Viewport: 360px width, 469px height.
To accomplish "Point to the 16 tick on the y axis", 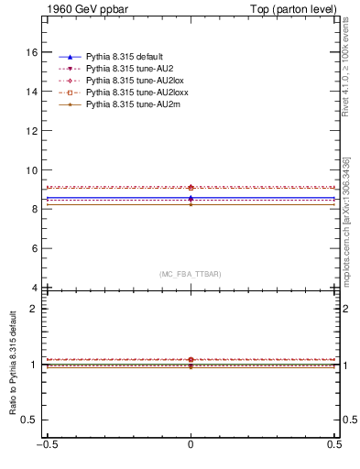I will pyautogui.click(x=32, y=53).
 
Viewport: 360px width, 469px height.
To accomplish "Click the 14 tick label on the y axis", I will pyautogui.click(x=32, y=93).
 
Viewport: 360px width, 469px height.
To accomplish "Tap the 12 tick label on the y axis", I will pyautogui.click(x=32, y=131).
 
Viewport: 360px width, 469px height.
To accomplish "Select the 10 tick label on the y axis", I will pyautogui.click(x=32, y=170).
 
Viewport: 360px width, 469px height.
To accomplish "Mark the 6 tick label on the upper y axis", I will pyautogui.click(x=35, y=248).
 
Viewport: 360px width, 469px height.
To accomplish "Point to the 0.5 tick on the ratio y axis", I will pyautogui.click(x=31, y=420).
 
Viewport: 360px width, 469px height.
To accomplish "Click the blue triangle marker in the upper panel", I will pyautogui.click(x=191, y=198).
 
